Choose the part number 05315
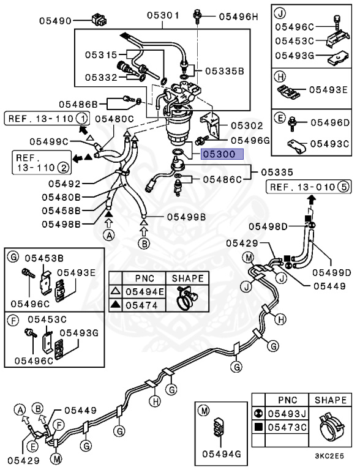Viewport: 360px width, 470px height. pyautogui.click(x=100, y=55)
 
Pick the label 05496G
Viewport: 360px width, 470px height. pyautogui.click(x=248, y=140)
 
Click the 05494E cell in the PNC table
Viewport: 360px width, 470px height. pyautogui.click(x=144, y=291)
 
